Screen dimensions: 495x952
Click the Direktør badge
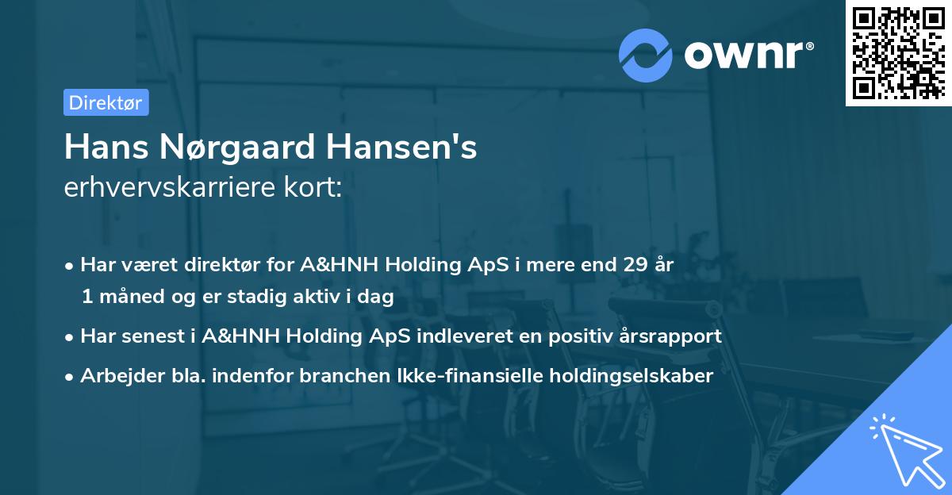[106, 102]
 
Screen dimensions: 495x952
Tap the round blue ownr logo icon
[646, 54]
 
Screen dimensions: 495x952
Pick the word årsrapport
[671, 336]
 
